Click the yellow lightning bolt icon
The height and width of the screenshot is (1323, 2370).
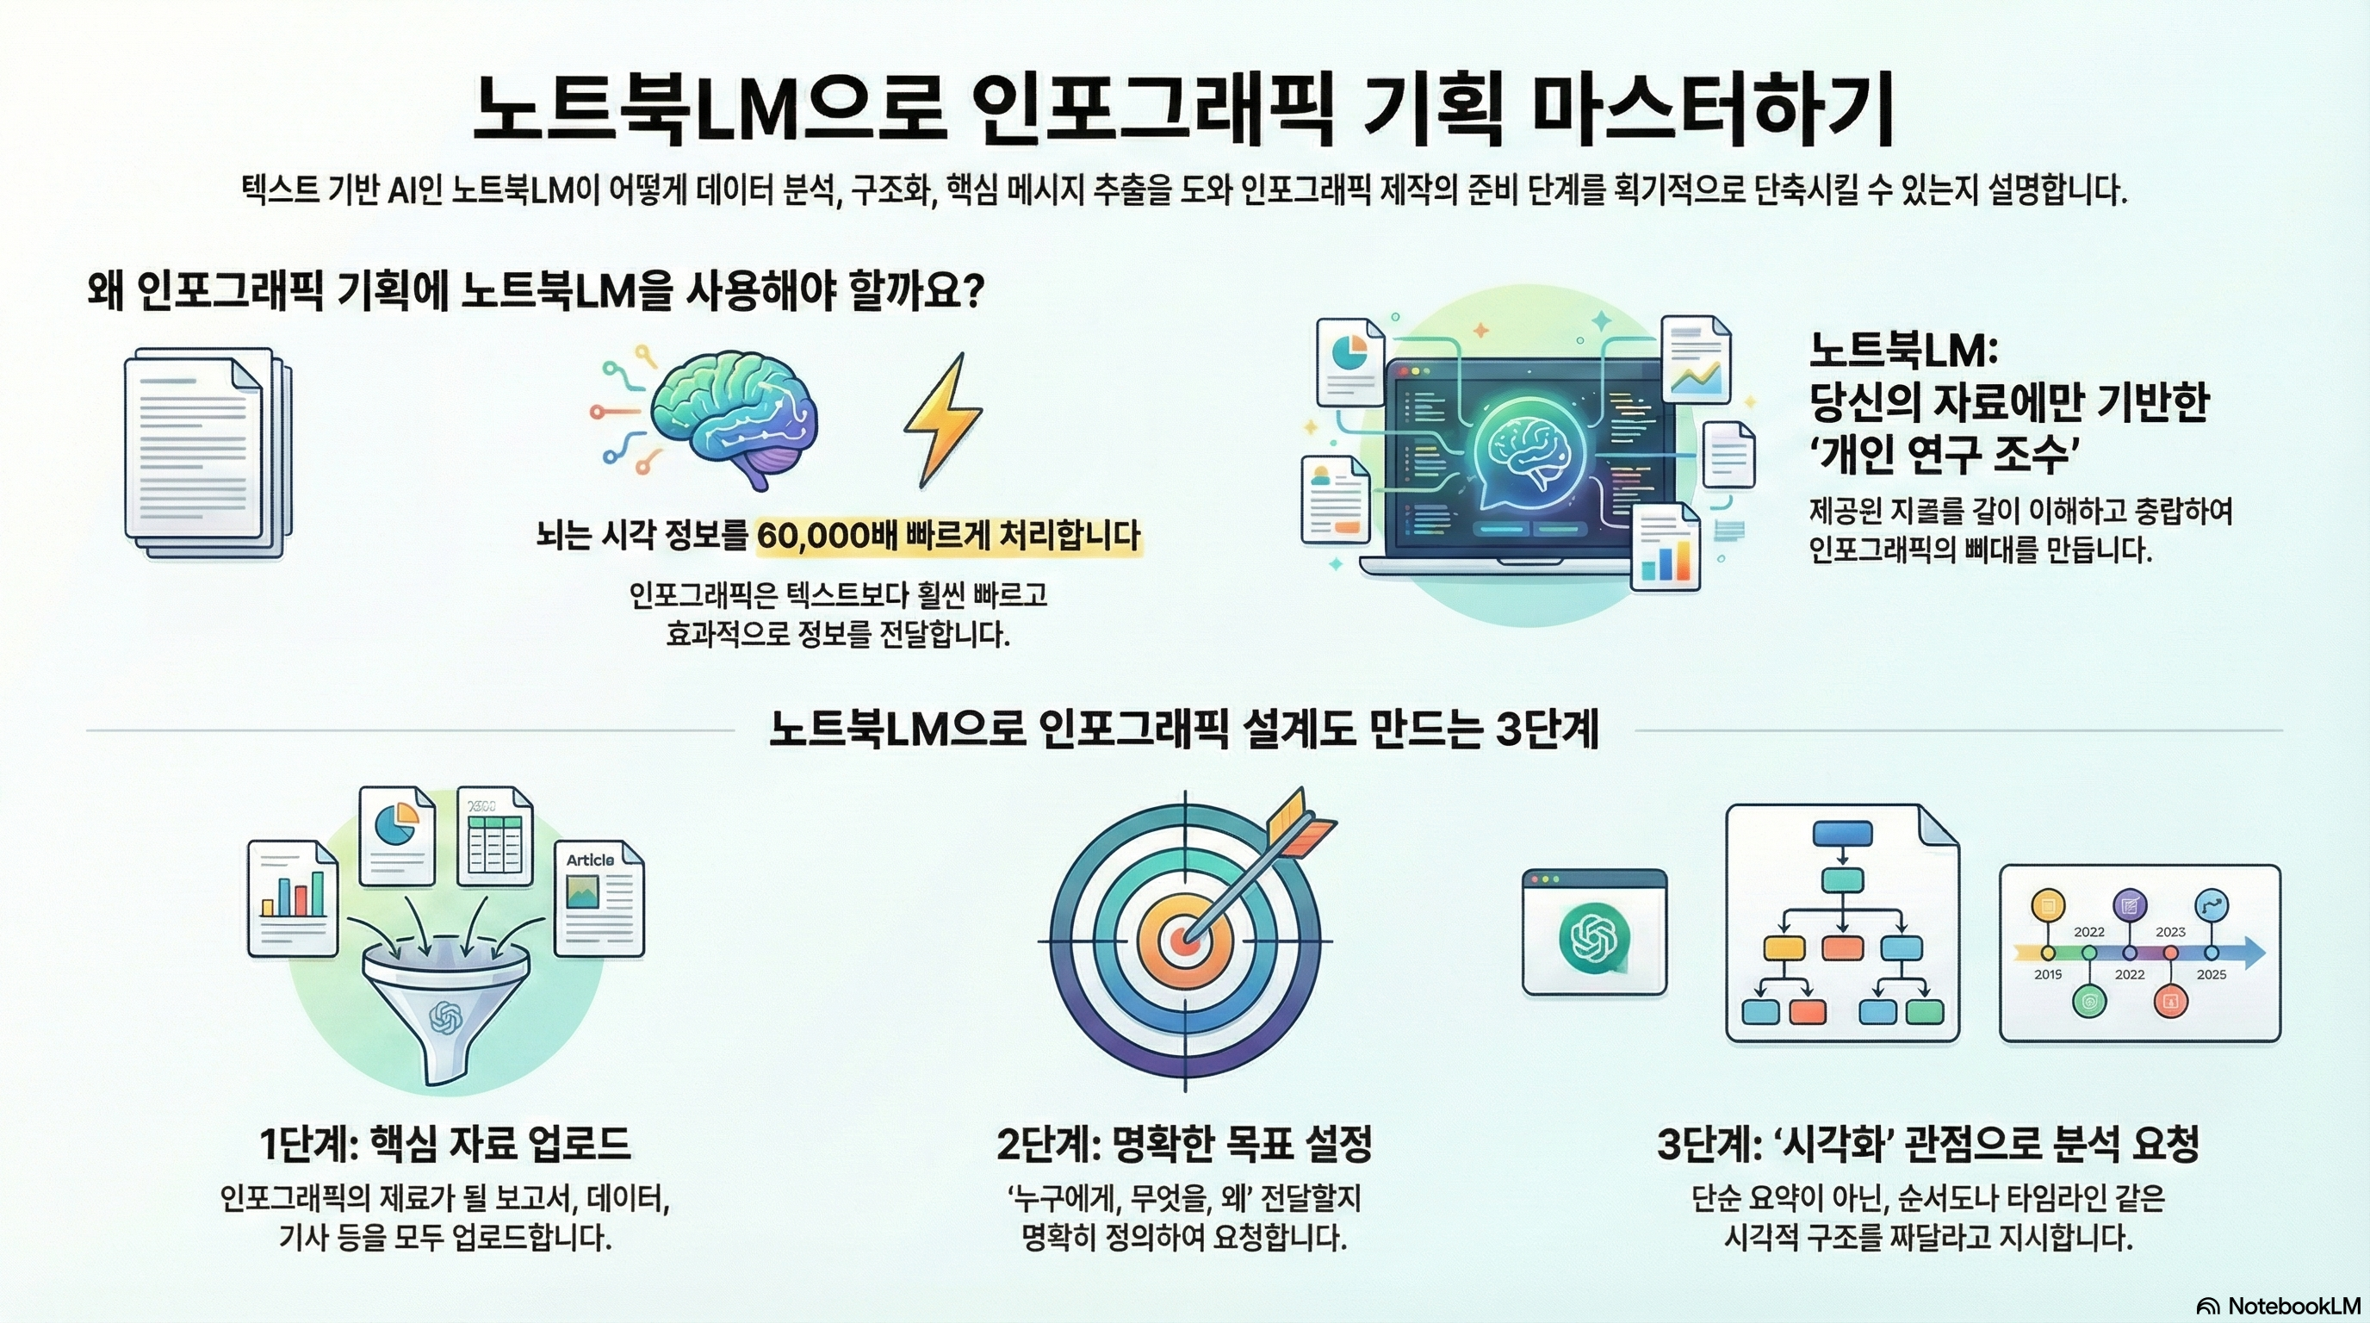[942, 419]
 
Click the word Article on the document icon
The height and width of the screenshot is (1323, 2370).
[590, 860]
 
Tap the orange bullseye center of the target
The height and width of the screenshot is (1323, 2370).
[1182, 941]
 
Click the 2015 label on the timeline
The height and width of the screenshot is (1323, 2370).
[2048, 974]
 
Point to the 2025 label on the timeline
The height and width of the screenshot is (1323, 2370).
[2211, 974]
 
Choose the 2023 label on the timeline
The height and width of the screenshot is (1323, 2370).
[2170, 932]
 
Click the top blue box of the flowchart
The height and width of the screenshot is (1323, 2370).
[1842, 834]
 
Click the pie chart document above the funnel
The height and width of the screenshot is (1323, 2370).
[396, 834]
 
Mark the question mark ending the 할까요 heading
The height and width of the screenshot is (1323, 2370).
[972, 292]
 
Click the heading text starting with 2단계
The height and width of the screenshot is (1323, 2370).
[1184, 1144]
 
